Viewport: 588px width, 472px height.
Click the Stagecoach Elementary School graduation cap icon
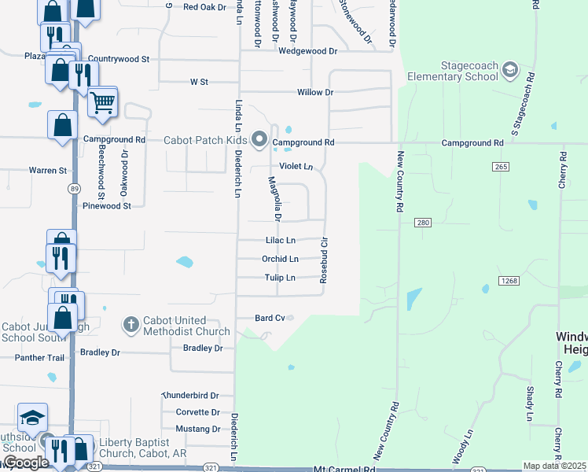tap(510, 72)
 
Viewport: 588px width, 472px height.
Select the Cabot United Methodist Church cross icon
tap(131, 324)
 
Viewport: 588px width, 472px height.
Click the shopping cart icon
tap(102, 102)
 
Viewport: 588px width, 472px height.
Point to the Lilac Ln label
tap(281, 240)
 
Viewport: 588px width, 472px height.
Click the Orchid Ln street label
tap(280, 259)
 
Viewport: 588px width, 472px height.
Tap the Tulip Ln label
tap(280, 278)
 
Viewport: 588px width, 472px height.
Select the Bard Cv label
tap(270, 318)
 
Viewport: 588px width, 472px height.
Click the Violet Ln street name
tap(296, 167)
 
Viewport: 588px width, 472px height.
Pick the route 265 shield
tap(501, 167)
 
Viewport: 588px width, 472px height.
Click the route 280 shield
tap(424, 223)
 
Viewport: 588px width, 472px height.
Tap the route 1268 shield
tap(507, 281)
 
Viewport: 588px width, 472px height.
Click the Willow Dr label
tap(315, 93)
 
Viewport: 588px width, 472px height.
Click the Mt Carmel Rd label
tap(344, 469)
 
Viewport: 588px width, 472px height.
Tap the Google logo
tap(26, 463)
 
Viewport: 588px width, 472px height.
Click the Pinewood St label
tap(107, 205)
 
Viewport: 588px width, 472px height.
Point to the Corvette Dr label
tap(198, 412)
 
